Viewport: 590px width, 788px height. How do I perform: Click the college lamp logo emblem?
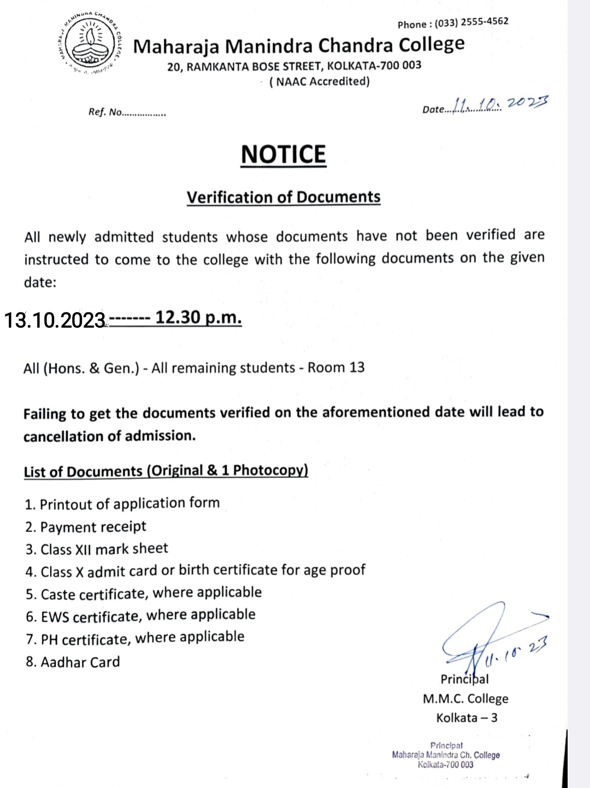[x=90, y=42]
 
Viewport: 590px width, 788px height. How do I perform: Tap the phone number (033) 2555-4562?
[x=471, y=22]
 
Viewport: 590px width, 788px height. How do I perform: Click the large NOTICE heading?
[x=284, y=155]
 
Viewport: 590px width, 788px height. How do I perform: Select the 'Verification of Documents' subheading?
[x=284, y=197]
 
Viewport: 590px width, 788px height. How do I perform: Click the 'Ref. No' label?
[x=105, y=112]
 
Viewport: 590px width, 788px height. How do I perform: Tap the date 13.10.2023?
[x=55, y=320]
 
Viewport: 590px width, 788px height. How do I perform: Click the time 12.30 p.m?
[x=198, y=317]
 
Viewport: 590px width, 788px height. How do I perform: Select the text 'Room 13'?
[x=336, y=367]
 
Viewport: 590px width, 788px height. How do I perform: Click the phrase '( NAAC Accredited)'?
[x=320, y=82]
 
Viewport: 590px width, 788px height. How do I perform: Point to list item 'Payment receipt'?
[x=93, y=527]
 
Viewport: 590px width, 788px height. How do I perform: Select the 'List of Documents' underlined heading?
[x=166, y=471]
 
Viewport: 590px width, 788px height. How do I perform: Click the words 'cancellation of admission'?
[x=109, y=436]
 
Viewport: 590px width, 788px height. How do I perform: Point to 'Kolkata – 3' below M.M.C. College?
[x=467, y=718]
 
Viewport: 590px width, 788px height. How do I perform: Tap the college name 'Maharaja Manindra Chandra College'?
[x=299, y=45]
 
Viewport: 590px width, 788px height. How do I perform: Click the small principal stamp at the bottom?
[x=446, y=755]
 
